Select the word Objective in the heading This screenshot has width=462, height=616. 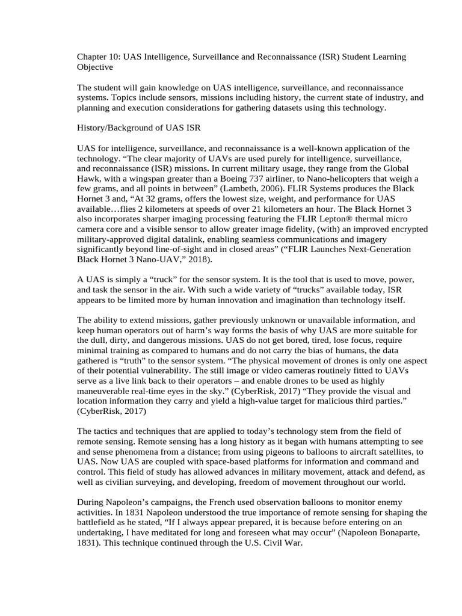click(x=94, y=67)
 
